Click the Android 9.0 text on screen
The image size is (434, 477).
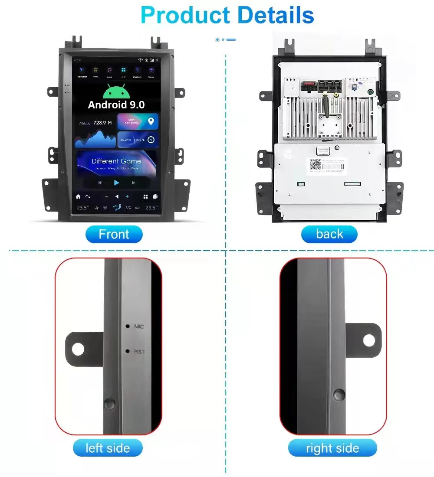point(116,105)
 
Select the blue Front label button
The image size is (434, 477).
point(114,234)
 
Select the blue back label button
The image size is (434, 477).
point(329,234)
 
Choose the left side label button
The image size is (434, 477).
point(108,448)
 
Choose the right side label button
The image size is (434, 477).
point(332,448)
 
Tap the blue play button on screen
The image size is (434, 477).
point(116,183)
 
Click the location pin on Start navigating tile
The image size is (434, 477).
point(150,121)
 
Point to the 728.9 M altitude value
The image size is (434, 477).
point(102,123)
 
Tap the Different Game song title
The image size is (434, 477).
point(116,161)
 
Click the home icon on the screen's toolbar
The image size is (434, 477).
point(78,196)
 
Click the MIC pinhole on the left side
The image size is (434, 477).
point(128,326)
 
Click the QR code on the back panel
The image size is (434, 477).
point(315,165)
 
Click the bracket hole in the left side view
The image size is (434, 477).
point(78,349)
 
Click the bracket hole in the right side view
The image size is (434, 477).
point(369,340)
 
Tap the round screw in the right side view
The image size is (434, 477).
point(339,394)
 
